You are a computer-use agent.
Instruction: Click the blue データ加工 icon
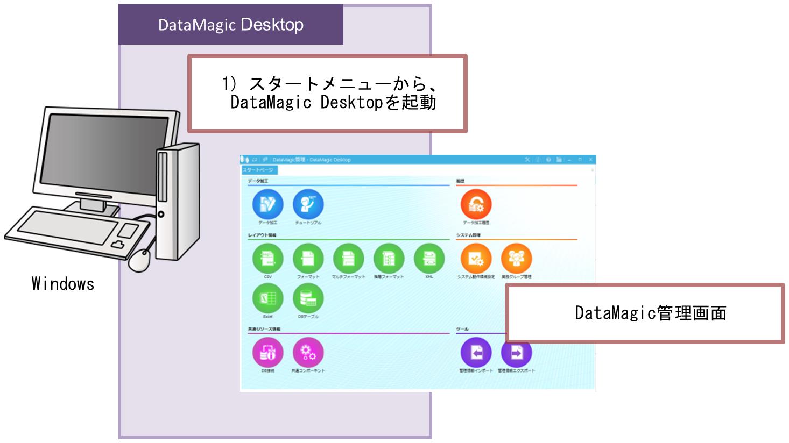pos(267,205)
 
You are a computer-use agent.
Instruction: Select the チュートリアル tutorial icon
pos(308,205)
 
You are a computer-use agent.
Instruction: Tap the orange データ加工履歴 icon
pos(476,205)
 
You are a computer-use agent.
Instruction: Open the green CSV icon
pos(267,259)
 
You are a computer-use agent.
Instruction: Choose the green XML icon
pos(429,259)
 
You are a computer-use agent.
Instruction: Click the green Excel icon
pos(267,299)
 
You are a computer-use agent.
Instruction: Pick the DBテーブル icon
pos(308,299)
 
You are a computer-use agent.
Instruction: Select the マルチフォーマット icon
pos(348,259)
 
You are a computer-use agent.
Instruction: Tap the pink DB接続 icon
pos(267,353)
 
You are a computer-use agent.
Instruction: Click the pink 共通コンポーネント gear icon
pos(308,353)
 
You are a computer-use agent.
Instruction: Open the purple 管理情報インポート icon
pos(476,353)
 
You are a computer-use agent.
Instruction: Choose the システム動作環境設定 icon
pos(476,259)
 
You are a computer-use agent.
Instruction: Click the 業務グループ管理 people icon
pos(516,259)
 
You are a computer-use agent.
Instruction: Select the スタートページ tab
pos(259,170)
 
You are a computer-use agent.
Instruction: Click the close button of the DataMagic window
pos(590,160)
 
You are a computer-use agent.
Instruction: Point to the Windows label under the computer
pos(63,284)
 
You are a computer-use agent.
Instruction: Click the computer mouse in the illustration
pos(140,260)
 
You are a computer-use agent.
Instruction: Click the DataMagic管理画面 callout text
pos(650,313)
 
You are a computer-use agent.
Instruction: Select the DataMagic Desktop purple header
pos(230,25)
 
